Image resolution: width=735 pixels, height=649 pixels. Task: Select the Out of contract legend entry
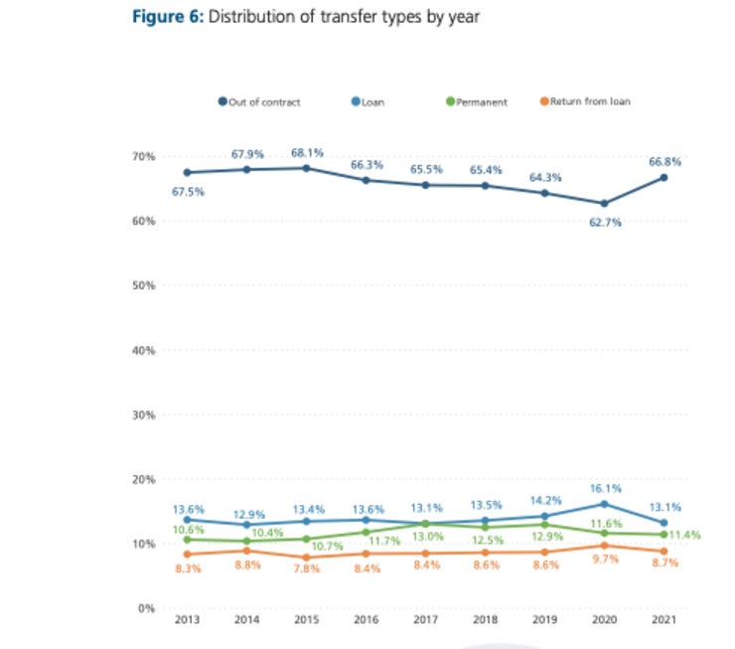pos(255,101)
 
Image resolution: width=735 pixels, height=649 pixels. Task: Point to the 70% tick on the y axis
pos(143,157)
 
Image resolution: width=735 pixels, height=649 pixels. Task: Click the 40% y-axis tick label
pos(143,351)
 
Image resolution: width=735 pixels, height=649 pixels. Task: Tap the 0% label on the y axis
pos(146,608)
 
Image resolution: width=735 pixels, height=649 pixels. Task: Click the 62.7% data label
pos(604,223)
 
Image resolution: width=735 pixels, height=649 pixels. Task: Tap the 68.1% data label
pos(306,153)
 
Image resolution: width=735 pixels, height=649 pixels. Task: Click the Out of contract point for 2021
pos(663,178)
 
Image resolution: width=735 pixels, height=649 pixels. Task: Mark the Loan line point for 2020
pos(604,504)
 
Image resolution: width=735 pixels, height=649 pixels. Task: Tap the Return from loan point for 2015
pos(306,558)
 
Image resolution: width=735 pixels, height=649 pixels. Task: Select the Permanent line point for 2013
pos(187,540)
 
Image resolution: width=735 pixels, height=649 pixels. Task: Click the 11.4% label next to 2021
pos(685,535)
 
